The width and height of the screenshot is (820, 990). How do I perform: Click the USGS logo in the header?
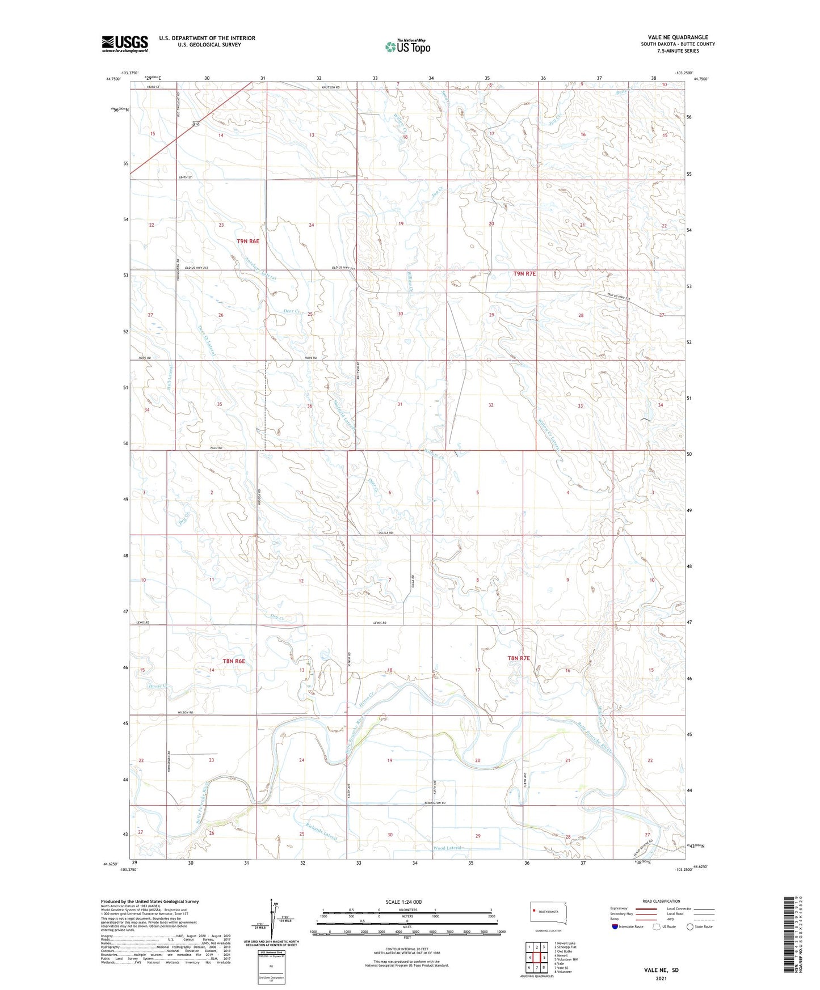124,44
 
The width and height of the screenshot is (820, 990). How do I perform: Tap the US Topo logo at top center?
407,46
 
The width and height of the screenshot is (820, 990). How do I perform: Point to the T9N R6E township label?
247,241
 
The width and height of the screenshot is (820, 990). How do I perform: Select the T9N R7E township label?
524,274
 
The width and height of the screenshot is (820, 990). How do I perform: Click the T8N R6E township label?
234,661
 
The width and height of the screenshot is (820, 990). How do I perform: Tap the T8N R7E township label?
518,658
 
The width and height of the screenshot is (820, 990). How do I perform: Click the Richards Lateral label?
321,831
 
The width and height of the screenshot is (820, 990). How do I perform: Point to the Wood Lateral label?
448,848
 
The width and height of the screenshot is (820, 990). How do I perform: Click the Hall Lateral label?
170,377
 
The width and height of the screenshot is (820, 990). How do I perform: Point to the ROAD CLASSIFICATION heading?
661,901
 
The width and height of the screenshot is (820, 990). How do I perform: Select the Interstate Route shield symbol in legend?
615,926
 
